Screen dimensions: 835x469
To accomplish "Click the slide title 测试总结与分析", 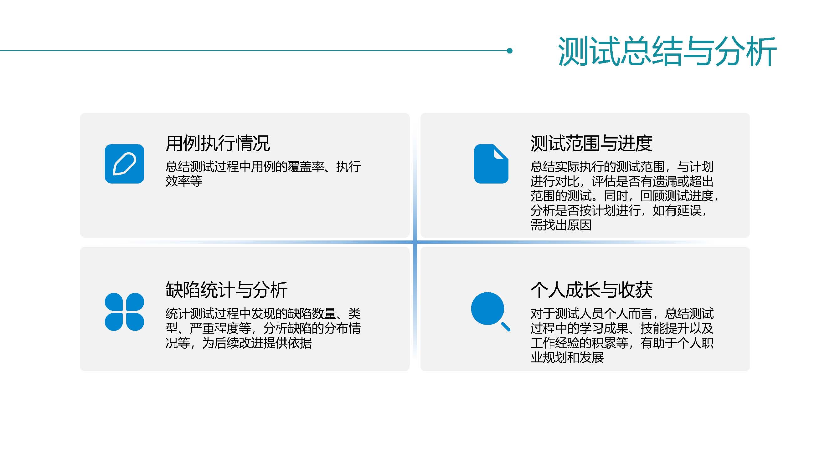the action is pos(667,51).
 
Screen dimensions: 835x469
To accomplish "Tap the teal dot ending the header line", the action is pos(510,50).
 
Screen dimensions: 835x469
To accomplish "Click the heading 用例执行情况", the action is pos(218,143).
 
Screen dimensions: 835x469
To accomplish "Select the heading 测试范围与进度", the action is pos(591,143).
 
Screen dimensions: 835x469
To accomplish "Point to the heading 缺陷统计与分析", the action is pos(226,290).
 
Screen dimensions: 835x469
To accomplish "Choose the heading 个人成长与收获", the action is pos(591,290).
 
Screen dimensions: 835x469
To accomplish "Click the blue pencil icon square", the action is pos(125,164).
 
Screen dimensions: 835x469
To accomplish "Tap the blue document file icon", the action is pos(491,164).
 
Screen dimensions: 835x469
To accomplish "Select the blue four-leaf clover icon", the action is pos(125,312).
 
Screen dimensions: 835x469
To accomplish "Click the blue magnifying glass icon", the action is pos(490,311).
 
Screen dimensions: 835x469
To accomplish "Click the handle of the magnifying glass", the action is pos(506,327).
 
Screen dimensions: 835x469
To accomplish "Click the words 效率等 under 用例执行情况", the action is pos(184,181).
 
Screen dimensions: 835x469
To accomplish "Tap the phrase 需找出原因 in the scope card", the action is pos(561,225).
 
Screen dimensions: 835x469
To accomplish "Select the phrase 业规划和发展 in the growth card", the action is pos(567,357).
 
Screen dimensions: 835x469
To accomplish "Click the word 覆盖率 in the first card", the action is pos(306,167).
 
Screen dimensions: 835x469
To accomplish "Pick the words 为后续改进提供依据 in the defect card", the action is pos(257,343).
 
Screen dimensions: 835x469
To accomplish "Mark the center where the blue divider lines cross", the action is pos(415,242).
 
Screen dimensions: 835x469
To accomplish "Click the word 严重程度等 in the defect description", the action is pos(220,328).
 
